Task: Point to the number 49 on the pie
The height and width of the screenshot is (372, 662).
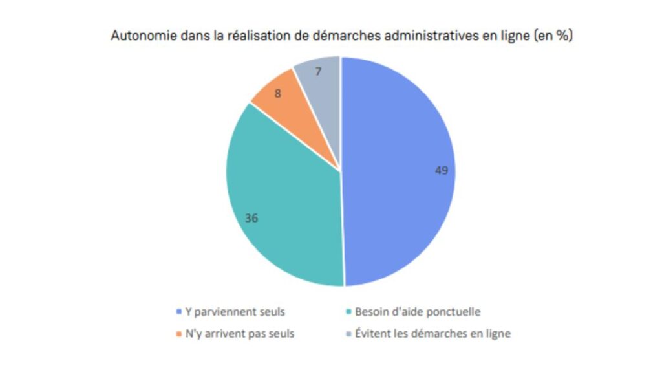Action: pos(441,171)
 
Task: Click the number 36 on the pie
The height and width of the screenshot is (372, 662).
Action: pos(251,219)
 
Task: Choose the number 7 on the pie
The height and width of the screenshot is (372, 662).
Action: pos(318,72)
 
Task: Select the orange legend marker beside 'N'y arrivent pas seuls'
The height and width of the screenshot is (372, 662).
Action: pos(178,334)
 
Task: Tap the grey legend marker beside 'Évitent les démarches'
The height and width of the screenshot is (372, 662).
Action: pos(348,334)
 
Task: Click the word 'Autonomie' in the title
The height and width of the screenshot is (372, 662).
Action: pos(138,36)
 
